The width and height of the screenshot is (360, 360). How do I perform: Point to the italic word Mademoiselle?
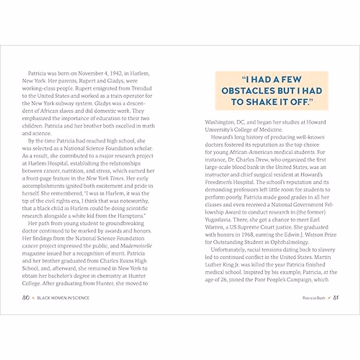(136, 246)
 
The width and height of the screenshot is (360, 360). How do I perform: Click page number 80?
(26, 298)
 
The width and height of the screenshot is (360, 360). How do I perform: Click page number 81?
(336, 298)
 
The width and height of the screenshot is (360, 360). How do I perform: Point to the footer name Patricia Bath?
(314, 298)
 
